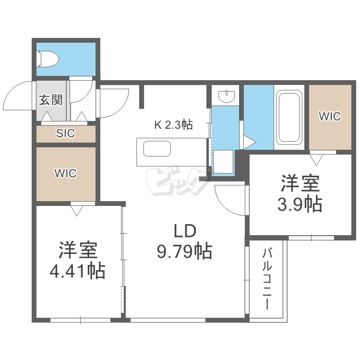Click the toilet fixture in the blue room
48,59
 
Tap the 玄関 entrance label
51,100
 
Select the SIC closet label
66,133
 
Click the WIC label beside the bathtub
330,116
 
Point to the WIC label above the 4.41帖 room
66,173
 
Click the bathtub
289,118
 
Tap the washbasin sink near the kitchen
226,96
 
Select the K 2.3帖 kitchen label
173,125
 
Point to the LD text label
185,232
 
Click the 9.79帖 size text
185,251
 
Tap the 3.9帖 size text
300,204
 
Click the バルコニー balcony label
267,279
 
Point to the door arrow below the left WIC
77,209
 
